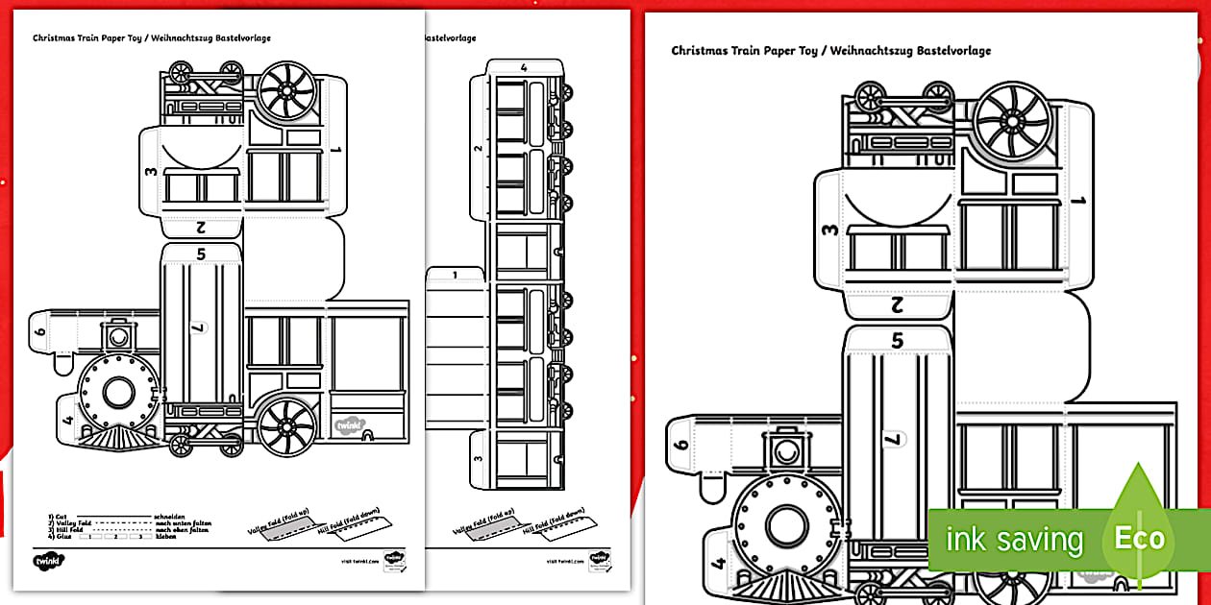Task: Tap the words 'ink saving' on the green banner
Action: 1013,540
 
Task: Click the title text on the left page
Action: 151,38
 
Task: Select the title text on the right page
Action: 830,51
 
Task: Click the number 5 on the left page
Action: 201,254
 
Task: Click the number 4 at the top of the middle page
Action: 524,67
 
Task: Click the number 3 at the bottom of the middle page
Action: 478,457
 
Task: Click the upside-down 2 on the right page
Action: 897,306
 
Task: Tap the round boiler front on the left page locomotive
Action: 118,392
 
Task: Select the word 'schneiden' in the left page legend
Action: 166,516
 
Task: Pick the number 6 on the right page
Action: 681,444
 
